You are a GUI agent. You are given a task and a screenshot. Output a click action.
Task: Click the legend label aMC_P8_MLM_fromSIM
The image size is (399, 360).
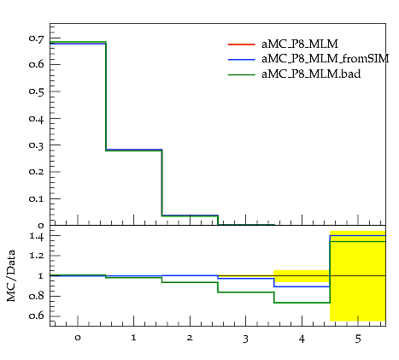click(x=326, y=59)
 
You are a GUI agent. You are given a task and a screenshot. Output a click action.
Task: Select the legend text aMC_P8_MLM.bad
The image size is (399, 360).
click(x=311, y=74)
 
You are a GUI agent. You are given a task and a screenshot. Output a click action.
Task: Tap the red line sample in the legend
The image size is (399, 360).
click(x=242, y=44)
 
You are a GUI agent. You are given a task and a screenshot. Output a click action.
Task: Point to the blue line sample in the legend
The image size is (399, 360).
click(x=242, y=59)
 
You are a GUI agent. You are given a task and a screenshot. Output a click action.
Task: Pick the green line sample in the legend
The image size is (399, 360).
click(x=242, y=74)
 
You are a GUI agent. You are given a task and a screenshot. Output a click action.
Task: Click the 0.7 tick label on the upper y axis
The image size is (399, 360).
click(x=37, y=38)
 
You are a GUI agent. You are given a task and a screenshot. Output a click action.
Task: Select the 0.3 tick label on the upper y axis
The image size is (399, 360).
click(x=37, y=145)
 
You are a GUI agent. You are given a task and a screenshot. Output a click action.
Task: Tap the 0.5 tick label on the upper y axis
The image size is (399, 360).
click(x=37, y=91)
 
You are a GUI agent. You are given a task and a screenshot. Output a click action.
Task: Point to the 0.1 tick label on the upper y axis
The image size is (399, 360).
click(x=37, y=198)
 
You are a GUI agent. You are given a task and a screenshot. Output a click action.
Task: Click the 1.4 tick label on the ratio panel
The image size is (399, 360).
click(x=37, y=236)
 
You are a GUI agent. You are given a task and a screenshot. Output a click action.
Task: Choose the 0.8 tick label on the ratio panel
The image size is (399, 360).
click(x=37, y=296)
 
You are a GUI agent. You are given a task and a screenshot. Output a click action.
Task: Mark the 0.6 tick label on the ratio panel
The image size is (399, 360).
click(x=37, y=316)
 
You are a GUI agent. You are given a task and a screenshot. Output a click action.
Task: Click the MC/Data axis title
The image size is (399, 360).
click(x=11, y=276)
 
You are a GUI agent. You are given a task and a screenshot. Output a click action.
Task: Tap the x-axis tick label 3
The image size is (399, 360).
click(x=245, y=339)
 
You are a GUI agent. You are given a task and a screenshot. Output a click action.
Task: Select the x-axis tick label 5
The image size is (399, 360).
click(x=358, y=339)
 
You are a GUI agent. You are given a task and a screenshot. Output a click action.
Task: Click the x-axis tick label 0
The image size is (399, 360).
click(x=78, y=338)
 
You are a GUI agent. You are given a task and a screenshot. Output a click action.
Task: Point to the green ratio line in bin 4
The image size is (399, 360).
click(x=302, y=303)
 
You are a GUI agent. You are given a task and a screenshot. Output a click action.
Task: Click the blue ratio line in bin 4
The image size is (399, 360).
click(x=302, y=286)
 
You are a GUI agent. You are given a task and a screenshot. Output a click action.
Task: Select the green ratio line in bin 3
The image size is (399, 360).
click(x=246, y=292)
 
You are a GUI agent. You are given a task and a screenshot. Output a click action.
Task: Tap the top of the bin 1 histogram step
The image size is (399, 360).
click(x=134, y=150)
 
